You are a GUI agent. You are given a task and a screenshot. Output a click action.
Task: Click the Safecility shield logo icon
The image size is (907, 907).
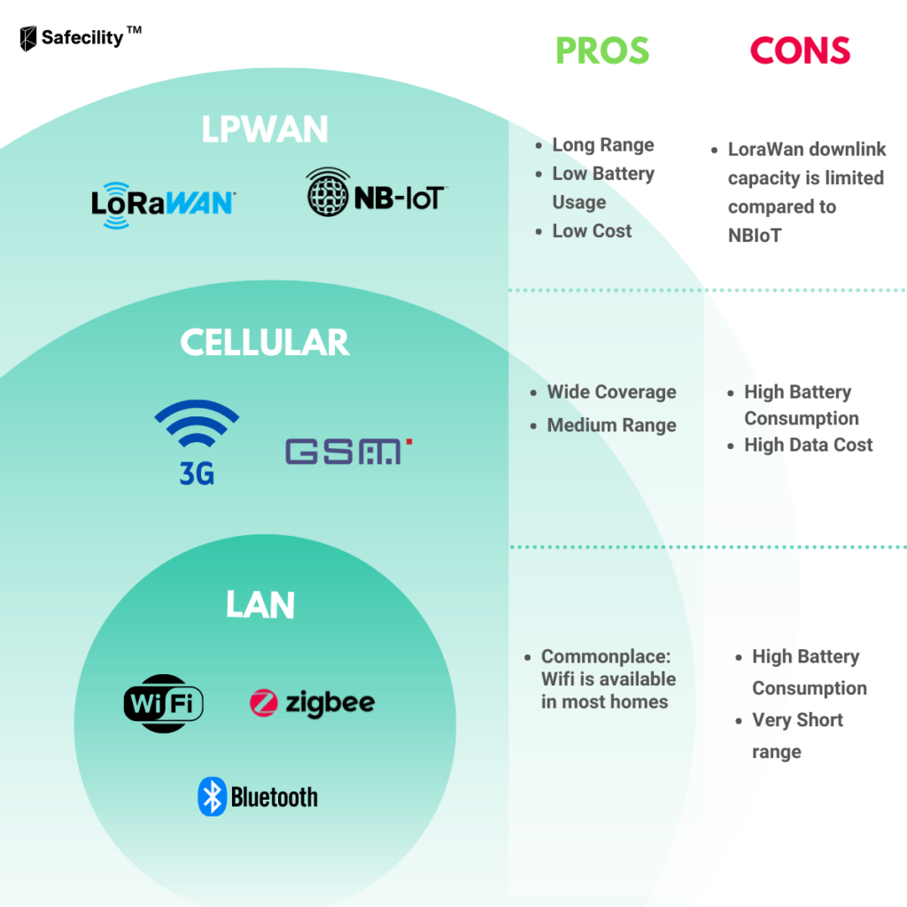click(27, 38)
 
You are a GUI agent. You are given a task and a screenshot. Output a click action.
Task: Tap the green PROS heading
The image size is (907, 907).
click(602, 50)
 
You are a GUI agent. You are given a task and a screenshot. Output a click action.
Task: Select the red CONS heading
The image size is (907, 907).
click(800, 50)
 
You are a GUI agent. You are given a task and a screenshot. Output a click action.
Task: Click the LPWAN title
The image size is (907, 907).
click(265, 128)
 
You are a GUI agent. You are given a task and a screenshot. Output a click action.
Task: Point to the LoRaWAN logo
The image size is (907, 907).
click(163, 205)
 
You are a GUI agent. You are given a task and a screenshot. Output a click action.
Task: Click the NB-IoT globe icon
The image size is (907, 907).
click(328, 192)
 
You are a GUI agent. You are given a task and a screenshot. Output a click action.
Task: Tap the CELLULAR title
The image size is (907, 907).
click(265, 342)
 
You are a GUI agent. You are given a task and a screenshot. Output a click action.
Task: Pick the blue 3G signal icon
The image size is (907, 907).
click(197, 442)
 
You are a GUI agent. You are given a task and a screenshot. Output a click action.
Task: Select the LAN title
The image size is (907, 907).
click(260, 605)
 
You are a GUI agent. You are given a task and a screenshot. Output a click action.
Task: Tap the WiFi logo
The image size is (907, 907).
click(164, 703)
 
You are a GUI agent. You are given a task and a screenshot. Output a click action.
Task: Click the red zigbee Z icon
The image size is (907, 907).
click(264, 702)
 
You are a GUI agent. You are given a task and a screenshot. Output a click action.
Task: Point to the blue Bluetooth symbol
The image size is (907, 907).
click(212, 796)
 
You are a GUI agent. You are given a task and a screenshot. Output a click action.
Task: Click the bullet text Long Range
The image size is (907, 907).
click(603, 144)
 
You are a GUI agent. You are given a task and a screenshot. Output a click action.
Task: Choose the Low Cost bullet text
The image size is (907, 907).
click(592, 231)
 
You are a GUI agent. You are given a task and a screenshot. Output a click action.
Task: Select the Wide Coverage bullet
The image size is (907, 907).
click(611, 391)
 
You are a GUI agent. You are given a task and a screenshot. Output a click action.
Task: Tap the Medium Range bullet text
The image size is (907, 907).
click(611, 425)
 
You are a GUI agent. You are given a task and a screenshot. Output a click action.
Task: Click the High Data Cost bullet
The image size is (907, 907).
click(808, 445)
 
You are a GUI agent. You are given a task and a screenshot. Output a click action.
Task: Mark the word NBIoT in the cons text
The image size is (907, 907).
click(755, 236)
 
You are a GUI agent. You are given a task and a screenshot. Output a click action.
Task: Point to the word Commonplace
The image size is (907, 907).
click(606, 656)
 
